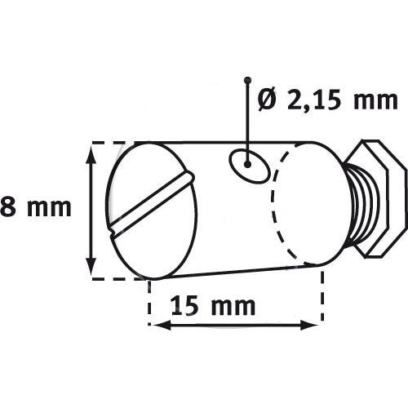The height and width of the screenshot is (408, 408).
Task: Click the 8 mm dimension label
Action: [36, 207]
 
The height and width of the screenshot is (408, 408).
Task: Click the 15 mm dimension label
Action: [214, 306]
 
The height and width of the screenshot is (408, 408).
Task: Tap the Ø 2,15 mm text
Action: [328, 100]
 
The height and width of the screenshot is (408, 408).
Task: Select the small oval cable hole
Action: [250, 166]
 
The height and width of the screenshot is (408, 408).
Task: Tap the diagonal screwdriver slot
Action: [152, 203]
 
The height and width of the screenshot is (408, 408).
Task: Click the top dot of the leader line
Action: [247, 81]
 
